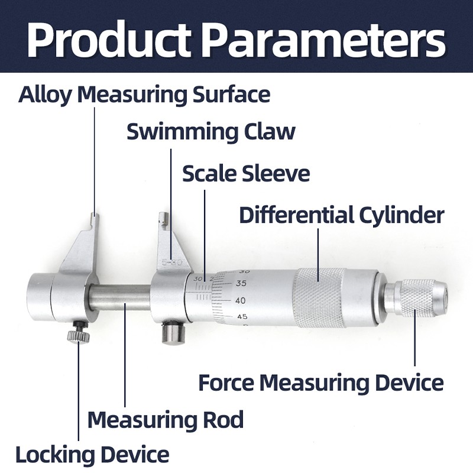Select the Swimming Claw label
click(x=210, y=131)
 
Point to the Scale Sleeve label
click(x=245, y=174)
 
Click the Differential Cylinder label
click(x=341, y=215)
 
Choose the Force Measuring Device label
click(x=320, y=383)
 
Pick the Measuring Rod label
click(x=165, y=420)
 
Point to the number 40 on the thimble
click(x=241, y=300)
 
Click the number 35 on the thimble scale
click(x=241, y=284)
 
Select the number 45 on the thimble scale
click(x=242, y=317)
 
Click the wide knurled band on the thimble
click(x=319, y=297)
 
